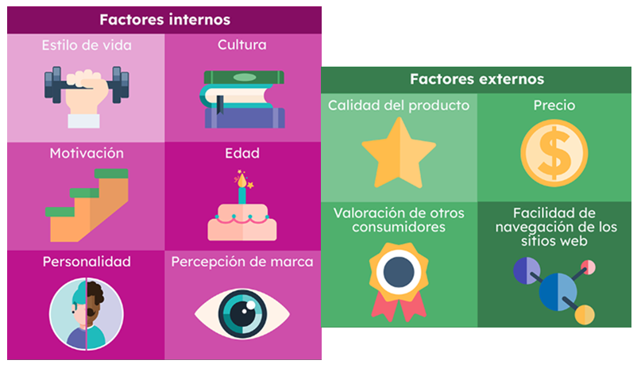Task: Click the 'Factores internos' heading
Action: [164, 20]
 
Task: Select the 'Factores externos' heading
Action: [477, 79]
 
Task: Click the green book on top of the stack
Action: [244, 77]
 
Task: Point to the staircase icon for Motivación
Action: [87, 205]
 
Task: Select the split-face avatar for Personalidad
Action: [87, 314]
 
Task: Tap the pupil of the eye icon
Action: [242, 314]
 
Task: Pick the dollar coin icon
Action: [554, 153]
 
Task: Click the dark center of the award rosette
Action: [399, 272]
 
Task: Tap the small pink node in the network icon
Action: [589, 267]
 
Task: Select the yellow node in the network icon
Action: [585, 315]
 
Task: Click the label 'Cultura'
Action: [242, 44]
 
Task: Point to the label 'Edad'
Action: [242, 153]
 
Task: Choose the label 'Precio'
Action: [554, 105]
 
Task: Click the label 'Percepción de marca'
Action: [242, 262]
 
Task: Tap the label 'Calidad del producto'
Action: [399, 105]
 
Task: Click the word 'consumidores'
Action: [399, 227]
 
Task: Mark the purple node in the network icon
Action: [527, 270]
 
